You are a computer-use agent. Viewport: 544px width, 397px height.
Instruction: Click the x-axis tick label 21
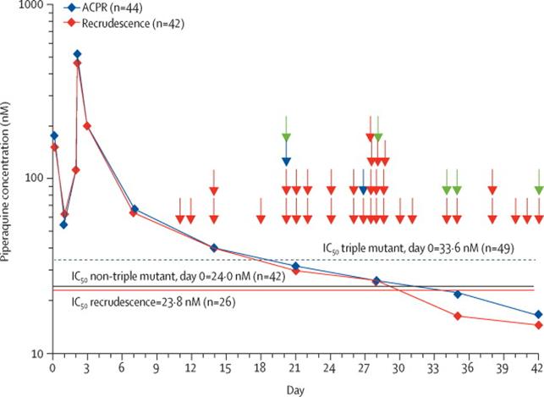pyautogui.click(x=295, y=370)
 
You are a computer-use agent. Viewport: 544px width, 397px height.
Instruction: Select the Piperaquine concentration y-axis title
pyautogui.click(x=9, y=179)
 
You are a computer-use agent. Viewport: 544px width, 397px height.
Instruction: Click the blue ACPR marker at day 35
pyautogui.click(x=458, y=294)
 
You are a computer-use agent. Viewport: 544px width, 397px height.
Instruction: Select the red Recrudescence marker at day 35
pyautogui.click(x=458, y=316)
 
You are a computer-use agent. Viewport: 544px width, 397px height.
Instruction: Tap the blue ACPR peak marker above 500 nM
pyautogui.click(x=78, y=54)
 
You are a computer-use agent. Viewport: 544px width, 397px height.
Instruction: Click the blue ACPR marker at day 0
pyautogui.click(x=54, y=135)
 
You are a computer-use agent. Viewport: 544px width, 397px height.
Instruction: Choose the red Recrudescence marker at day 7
pyautogui.click(x=133, y=212)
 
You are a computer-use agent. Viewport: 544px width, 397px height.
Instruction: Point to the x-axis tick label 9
pyautogui.click(x=157, y=370)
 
